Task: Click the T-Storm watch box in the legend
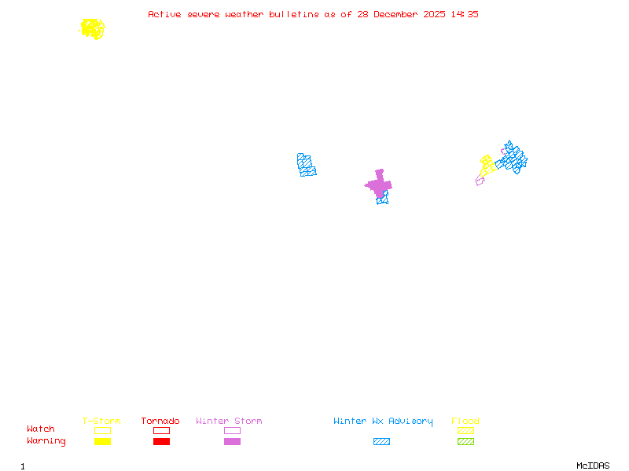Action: tap(102, 430)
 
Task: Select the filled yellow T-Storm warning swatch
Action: tap(102, 442)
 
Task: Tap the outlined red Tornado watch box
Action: tap(161, 430)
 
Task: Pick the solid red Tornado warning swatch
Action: tap(161, 442)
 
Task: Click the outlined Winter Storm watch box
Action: tap(232, 430)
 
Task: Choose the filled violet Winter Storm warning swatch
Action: tap(232, 442)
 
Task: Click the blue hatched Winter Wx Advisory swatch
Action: tap(381, 442)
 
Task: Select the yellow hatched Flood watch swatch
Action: tap(465, 430)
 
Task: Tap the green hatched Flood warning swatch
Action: tap(465, 442)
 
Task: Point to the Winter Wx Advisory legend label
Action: tap(383, 422)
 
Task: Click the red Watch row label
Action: tap(41, 429)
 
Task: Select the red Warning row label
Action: tap(46, 441)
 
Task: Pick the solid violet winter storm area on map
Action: tap(379, 184)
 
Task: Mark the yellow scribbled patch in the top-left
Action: tap(92, 29)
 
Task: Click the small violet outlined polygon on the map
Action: tap(480, 181)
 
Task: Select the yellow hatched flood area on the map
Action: tap(487, 166)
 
